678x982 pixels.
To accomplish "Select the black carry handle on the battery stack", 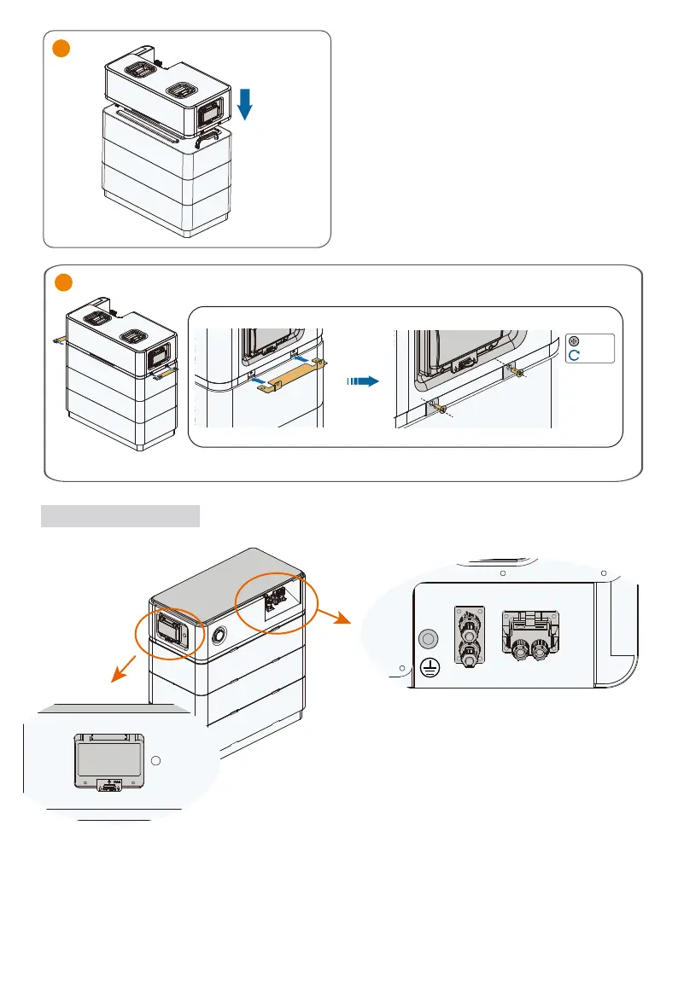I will pyautogui.click(x=208, y=138).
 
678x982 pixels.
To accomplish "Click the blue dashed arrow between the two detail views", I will pyautogui.click(x=364, y=383).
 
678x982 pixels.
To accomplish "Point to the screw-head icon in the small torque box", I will pyautogui.click(x=574, y=340).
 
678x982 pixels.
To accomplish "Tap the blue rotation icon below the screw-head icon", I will pyautogui.click(x=574, y=354).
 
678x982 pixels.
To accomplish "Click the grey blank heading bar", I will pyautogui.click(x=120, y=516).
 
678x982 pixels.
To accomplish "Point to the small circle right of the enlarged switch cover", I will pyautogui.click(x=155, y=760).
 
